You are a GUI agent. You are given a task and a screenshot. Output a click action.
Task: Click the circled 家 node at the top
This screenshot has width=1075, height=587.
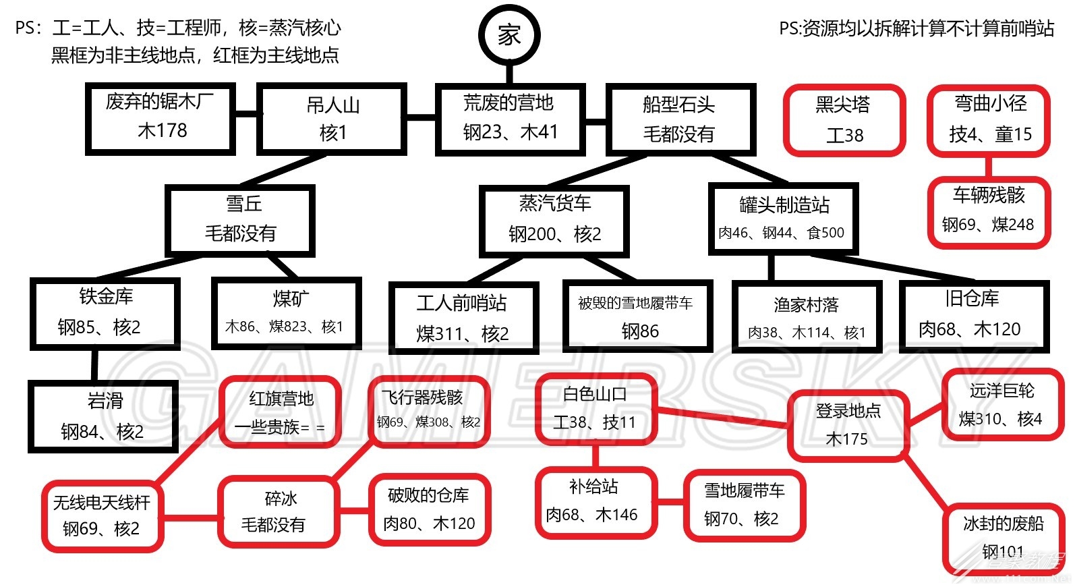click(509, 35)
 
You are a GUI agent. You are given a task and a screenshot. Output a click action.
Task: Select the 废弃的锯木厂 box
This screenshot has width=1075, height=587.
click(161, 119)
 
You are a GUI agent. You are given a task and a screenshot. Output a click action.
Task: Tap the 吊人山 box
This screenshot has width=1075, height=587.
click(332, 119)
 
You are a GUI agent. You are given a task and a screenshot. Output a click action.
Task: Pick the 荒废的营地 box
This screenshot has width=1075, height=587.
click(510, 119)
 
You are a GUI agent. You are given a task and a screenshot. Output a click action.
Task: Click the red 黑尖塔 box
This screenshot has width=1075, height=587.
click(844, 120)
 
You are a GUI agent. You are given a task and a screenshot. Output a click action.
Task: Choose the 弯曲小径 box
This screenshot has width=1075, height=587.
click(989, 121)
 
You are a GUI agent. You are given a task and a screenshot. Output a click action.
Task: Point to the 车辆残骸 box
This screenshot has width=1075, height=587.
click(989, 212)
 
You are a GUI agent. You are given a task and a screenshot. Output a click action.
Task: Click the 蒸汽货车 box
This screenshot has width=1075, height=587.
click(554, 221)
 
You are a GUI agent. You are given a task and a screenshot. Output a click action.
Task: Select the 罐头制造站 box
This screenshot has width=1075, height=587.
click(784, 219)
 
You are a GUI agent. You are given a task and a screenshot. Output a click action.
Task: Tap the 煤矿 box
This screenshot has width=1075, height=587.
click(287, 313)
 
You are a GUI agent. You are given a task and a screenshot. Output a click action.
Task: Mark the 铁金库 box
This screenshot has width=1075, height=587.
click(105, 314)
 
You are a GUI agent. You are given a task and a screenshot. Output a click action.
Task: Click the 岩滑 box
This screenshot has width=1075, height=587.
click(103, 416)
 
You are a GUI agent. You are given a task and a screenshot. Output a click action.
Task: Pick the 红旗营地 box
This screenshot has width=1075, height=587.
click(281, 412)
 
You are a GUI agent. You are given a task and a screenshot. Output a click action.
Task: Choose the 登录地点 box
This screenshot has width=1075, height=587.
click(848, 426)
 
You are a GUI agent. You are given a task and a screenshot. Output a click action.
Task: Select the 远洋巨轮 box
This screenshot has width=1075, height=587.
click(1002, 404)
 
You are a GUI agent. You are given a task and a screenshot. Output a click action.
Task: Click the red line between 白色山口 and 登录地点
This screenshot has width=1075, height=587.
click(722, 417)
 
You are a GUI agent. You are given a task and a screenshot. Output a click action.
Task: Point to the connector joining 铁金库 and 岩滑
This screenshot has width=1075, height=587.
click(94, 365)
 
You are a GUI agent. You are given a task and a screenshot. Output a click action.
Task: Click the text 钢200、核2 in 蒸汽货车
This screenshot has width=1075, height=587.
click(555, 234)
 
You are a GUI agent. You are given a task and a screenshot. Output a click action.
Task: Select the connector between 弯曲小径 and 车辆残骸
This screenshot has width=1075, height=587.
click(989, 167)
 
